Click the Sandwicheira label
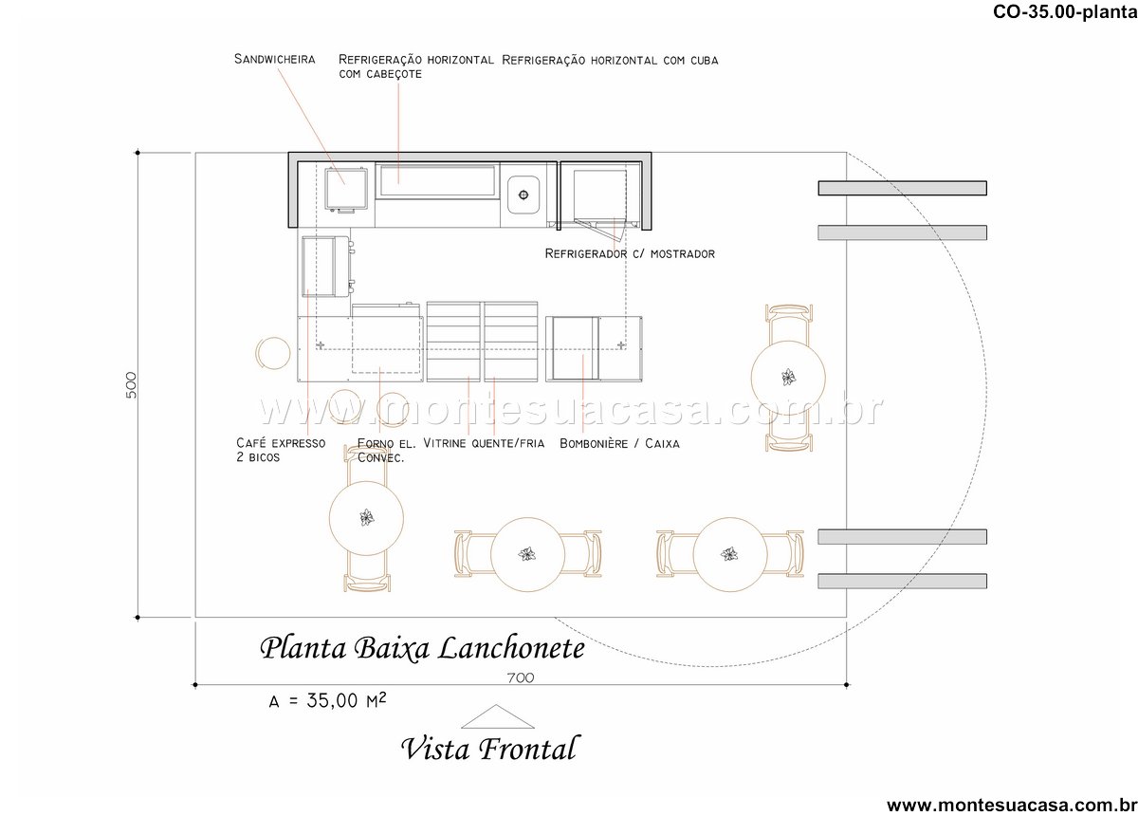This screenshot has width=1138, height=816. (x=274, y=59)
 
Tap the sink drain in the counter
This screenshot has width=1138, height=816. (x=523, y=195)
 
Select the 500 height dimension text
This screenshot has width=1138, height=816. (x=131, y=385)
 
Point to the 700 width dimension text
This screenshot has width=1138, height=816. (x=521, y=677)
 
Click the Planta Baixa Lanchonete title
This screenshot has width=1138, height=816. (x=422, y=648)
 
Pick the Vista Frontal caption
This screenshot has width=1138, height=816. (x=489, y=748)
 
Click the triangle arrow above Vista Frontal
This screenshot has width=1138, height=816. (x=497, y=717)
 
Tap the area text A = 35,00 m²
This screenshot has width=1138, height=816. (x=327, y=700)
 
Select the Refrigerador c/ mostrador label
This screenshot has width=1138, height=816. (x=630, y=253)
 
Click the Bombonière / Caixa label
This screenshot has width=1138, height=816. (x=619, y=443)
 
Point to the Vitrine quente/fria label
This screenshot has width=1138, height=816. (x=484, y=443)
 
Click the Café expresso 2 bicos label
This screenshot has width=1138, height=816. (x=281, y=450)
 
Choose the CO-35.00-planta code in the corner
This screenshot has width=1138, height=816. (x=1065, y=11)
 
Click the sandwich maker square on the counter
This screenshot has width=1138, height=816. (x=345, y=189)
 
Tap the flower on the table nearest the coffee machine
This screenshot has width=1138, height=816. (x=366, y=517)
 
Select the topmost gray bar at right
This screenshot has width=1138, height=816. (x=902, y=188)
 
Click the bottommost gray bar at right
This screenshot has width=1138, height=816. (x=902, y=581)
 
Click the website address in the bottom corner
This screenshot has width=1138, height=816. (x=1012, y=806)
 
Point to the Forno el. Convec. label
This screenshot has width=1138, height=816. (x=386, y=451)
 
